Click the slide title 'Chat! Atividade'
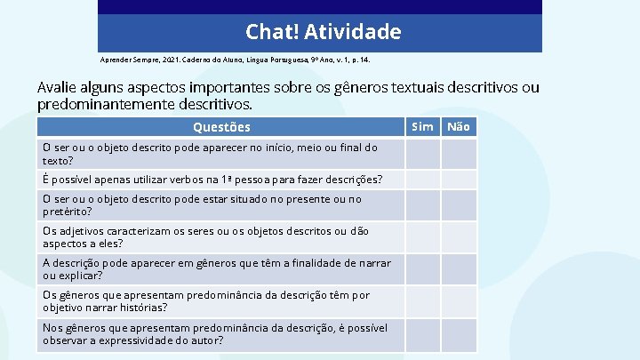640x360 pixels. pos(324,33)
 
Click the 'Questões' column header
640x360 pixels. pos(221,127)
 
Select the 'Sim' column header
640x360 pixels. pos(423,126)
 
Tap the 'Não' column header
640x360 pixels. pos(459,126)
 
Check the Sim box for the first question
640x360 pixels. pos(423,154)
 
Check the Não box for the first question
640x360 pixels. pos(459,154)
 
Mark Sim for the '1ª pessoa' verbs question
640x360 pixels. pos(423,180)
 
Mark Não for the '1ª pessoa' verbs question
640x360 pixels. pos(459,180)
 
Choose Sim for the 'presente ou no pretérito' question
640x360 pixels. pos(423,205)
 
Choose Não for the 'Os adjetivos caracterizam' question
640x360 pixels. pos(459,237)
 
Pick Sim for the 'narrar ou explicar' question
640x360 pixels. pos(423,269)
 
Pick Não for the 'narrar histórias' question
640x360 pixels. pos(459,301)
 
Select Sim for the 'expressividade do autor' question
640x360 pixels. pos(423,334)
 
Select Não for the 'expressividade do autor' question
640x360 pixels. pos(459,334)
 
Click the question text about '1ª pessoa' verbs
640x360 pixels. pos(212,180)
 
